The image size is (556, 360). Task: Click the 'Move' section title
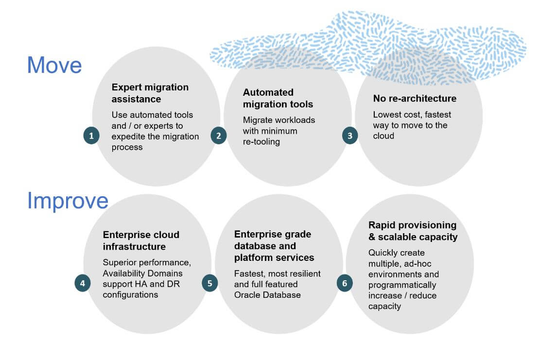(54, 65)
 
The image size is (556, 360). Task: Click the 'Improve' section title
(68, 201)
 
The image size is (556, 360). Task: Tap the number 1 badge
(91, 136)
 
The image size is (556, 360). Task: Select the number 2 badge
(218, 136)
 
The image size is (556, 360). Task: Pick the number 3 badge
(350, 136)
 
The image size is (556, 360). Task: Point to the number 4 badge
(83, 283)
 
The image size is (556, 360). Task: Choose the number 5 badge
(210, 283)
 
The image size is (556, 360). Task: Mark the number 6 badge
(345, 283)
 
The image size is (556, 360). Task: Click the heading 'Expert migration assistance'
(150, 93)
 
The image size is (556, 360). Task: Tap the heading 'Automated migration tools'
(278, 98)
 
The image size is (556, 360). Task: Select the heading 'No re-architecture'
(415, 98)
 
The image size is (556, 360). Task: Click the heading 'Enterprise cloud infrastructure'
(141, 240)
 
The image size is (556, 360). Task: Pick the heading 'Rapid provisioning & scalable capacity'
(413, 231)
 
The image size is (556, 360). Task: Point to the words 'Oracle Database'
(267, 295)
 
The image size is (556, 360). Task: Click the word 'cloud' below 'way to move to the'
(383, 136)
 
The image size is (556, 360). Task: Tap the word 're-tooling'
(261, 142)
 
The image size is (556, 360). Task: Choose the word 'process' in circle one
(127, 147)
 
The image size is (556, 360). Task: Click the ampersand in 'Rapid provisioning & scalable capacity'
(372, 237)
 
